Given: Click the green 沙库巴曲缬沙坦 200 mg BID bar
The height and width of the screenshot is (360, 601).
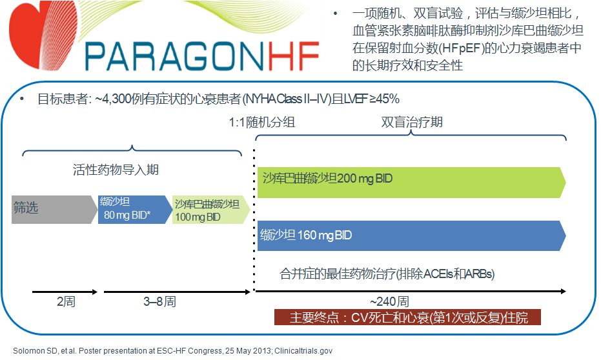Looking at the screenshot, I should (411, 183).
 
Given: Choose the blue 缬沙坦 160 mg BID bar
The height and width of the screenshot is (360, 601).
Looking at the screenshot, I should (411, 235).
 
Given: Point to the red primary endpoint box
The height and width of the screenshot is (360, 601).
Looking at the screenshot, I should (407, 318).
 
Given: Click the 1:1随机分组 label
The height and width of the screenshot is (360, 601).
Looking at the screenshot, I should (261, 122).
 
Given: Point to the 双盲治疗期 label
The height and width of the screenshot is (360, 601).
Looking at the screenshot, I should (412, 122).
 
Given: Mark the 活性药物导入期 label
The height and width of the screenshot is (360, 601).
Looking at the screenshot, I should (116, 170).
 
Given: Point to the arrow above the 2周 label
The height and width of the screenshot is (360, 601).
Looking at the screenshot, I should (65, 292).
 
